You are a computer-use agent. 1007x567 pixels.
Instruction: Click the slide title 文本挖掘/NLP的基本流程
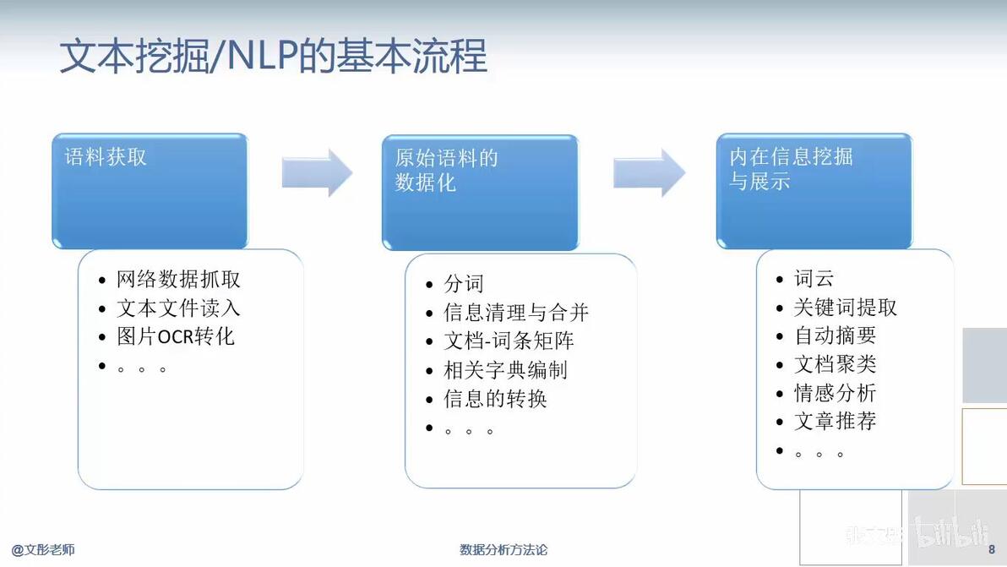pyautogui.click(x=274, y=56)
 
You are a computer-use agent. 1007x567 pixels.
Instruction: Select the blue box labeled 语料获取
pyautogui.click(x=150, y=191)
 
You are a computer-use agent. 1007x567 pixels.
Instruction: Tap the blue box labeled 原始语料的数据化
pyautogui.click(x=481, y=193)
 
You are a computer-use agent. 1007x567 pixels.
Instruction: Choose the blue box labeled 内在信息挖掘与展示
pyautogui.click(x=814, y=191)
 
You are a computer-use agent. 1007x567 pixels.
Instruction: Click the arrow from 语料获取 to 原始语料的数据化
pyautogui.click(x=318, y=172)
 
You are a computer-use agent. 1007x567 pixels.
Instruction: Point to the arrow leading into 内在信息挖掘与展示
pyautogui.click(x=650, y=172)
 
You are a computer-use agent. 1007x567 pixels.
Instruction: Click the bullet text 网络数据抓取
pyautogui.click(x=178, y=280)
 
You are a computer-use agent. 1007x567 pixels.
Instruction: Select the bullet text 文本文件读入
pyautogui.click(x=178, y=308)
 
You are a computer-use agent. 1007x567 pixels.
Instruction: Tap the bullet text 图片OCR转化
pyautogui.click(x=176, y=336)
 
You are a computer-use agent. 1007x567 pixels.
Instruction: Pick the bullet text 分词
pyautogui.click(x=464, y=283)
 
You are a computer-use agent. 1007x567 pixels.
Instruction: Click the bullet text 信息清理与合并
pyautogui.click(x=516, y=313)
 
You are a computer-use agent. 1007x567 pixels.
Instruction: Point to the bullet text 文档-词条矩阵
pyautogui.click(x=509, y=341)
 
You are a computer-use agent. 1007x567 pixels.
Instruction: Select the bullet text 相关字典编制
pyautogui.click(x=505, y=370)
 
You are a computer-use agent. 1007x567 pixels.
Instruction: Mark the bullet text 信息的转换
pyautogui.click(x=495, y=399)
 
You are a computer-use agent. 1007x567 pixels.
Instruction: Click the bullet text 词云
pyautogui.click(x=814, y=279)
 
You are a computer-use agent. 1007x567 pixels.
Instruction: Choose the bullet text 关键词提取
pyautogui.click(x=845, y=308)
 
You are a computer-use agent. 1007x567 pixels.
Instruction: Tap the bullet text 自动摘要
pyautogui.click(x=835, y=335)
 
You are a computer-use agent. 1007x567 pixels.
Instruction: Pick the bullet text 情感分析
pyautogui.click(x=835, y=393)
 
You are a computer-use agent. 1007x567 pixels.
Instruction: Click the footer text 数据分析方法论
pyautogui.click(x=503, y=549)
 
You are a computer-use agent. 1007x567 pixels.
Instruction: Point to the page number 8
pyautogui.click(x=992, y=549)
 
